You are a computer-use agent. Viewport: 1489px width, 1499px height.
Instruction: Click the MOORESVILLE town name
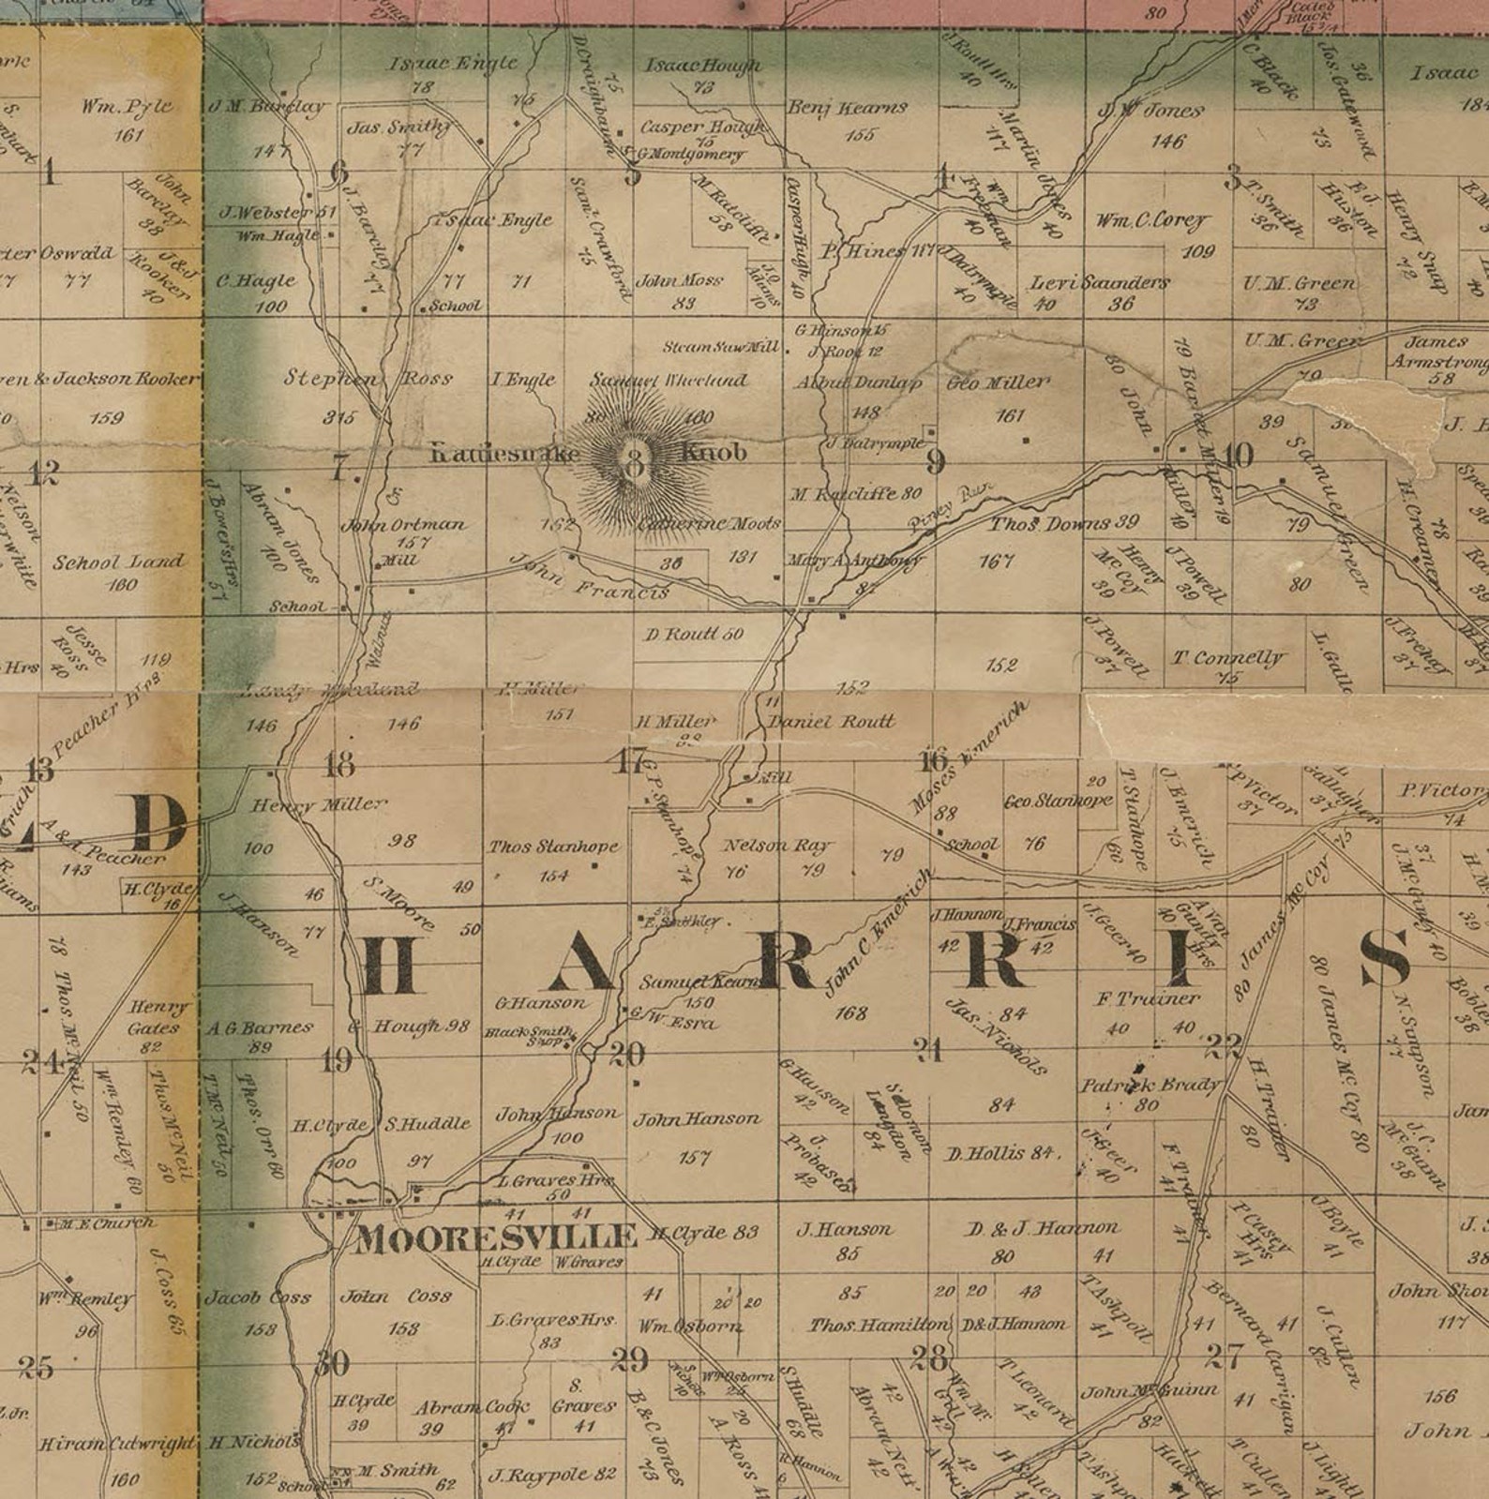496,1239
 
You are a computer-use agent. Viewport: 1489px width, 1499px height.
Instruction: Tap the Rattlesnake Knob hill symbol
636,459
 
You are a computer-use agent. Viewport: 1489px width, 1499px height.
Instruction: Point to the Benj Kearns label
847,108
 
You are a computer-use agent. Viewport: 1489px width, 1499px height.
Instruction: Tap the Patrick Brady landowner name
1150,1086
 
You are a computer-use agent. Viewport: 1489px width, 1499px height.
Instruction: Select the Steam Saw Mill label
720,347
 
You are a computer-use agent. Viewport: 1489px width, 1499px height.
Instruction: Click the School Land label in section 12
118,563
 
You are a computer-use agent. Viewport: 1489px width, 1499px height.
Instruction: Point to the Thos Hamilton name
880,1325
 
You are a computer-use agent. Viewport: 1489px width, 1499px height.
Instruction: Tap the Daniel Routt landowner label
831,722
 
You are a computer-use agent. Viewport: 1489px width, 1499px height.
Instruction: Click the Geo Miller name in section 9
998,382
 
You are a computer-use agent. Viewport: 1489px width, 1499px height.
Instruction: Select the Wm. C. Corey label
1151,221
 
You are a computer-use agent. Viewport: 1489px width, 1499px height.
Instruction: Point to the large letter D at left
158,823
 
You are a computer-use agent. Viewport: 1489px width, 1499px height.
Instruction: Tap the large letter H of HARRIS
388,966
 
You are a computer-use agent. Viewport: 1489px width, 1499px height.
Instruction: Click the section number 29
629,1358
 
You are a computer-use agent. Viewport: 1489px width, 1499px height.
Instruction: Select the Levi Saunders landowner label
1099,282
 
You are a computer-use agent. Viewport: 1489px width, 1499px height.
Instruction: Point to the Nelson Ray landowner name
777,846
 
